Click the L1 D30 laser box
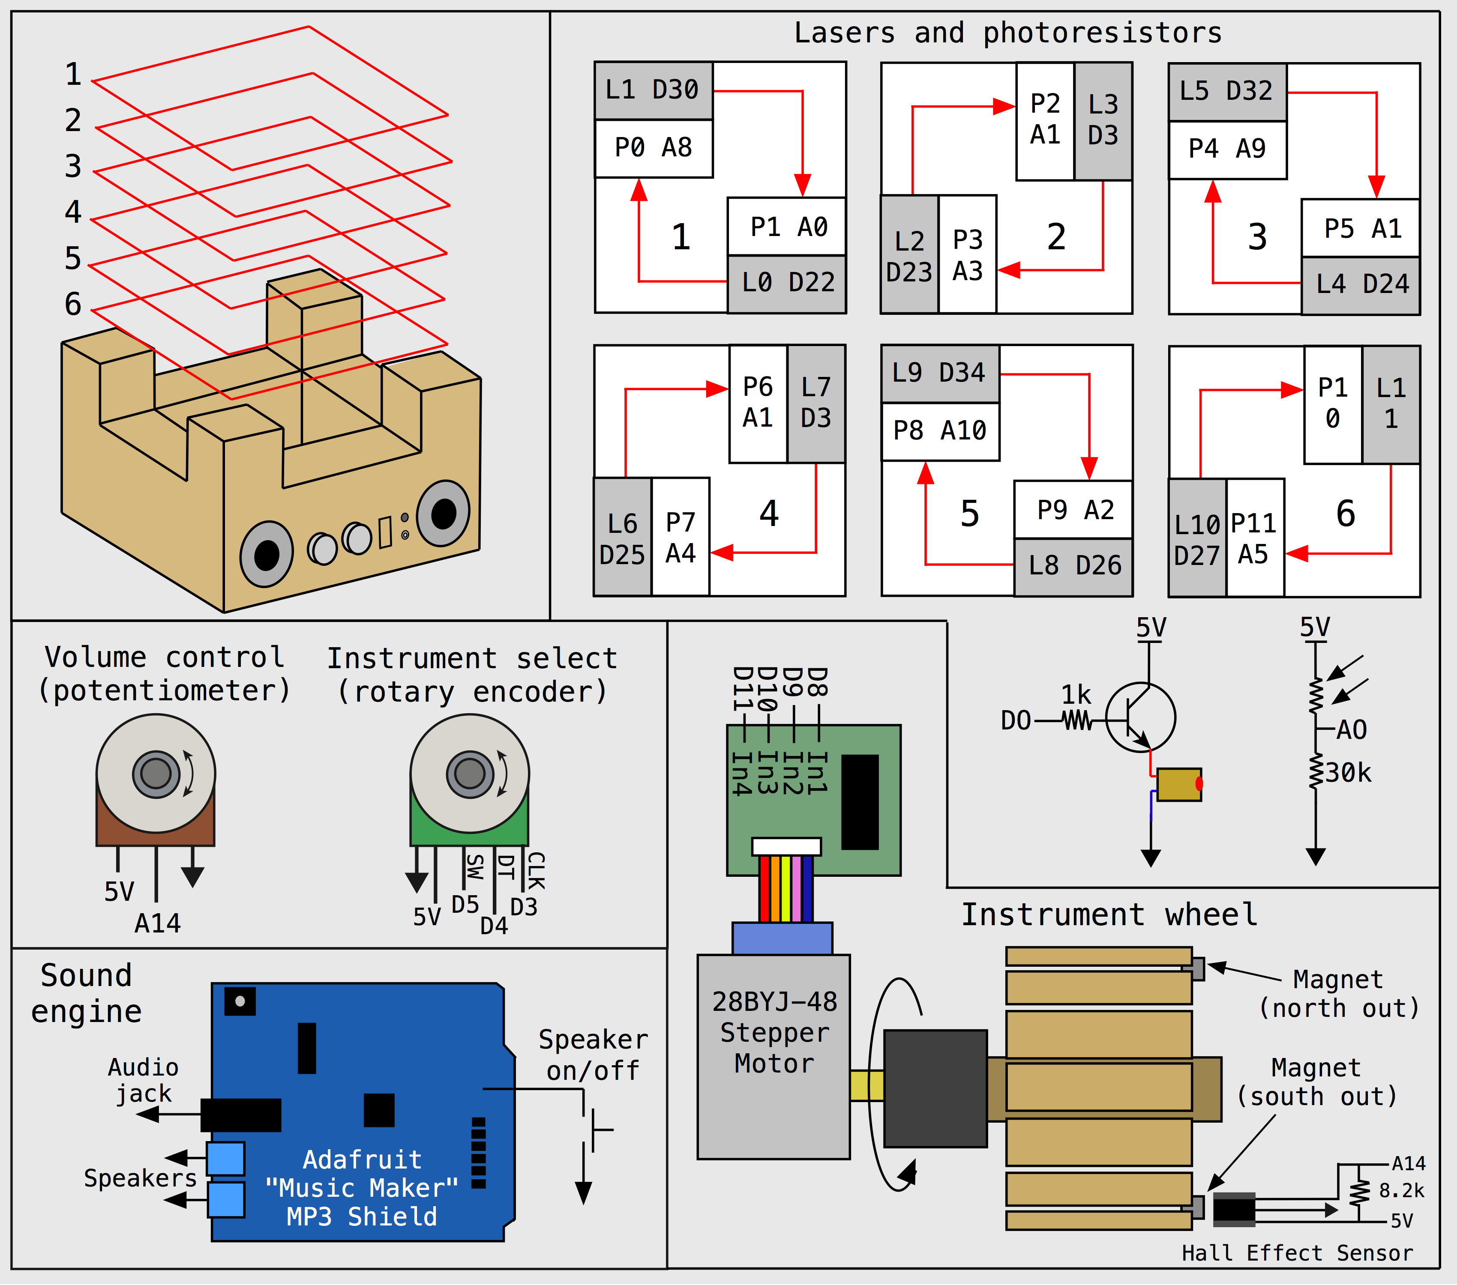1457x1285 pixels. [x=653, y=90]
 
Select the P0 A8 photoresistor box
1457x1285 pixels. [x=653, y=148]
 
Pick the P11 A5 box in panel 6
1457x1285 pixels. [x=1254, y=538]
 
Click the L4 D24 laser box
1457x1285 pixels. [x=1361, y=285]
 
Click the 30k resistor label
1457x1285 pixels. [x=1348, y=773]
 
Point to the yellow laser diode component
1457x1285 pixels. [x=1178, y=784]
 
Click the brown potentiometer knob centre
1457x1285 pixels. [x=156, y=773]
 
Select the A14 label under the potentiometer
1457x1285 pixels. [x=158, y=924]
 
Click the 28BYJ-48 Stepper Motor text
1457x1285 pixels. [x=774, y=1033]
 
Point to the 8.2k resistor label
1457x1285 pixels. [x=1401, y=1190]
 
